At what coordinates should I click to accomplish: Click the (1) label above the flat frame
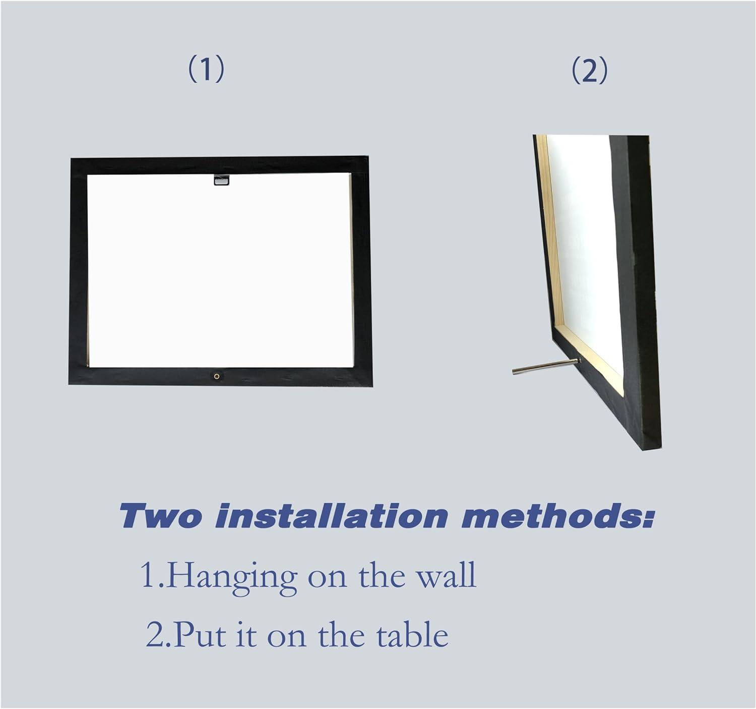pos(206,69)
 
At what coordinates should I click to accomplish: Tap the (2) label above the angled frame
pos(590,71)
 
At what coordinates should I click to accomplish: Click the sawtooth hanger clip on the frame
pos(222,180)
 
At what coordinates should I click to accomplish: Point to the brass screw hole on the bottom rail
pos(217,376)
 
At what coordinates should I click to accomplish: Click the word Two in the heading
pos(160,516)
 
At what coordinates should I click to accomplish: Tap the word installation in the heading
pos(331,516)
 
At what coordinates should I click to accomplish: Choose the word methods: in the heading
pos(557,516)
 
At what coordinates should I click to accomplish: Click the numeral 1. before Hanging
pos(153,575)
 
